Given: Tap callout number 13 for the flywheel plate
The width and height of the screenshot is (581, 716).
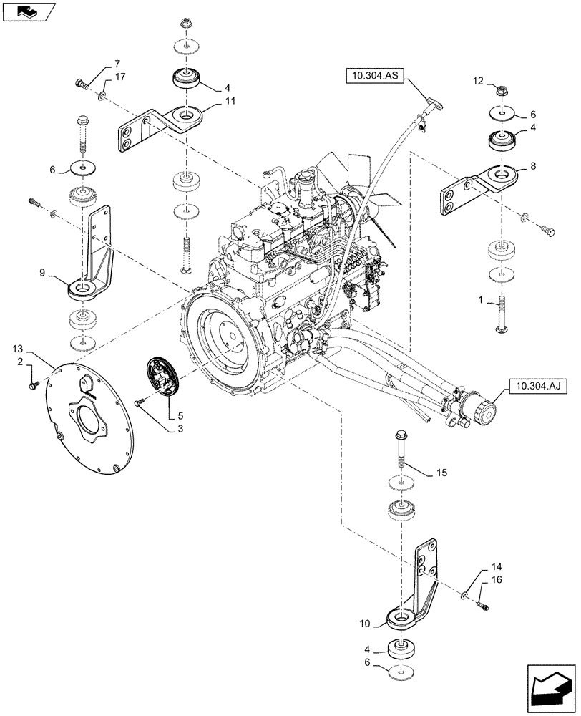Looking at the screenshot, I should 17,349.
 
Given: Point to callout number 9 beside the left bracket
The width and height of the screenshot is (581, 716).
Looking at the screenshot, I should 43,273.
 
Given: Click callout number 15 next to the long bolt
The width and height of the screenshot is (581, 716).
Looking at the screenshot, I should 441,473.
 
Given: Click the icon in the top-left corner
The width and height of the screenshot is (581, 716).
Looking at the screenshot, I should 26,11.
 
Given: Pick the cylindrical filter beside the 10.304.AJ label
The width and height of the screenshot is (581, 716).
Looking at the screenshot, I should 478,408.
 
